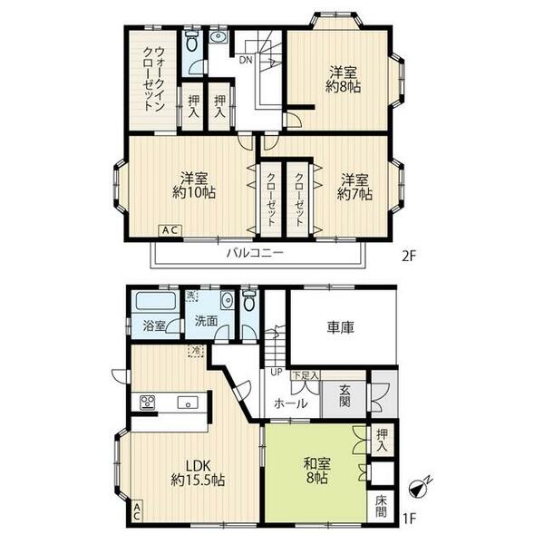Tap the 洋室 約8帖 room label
[x=342, y=79]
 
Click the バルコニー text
[x=256, y=254]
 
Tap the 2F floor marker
[x=408, y=255]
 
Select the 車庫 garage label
[x=342, y=329]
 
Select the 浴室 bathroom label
[x=153, y=325]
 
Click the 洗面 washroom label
[x=204, y=320]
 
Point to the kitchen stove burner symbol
[x=148, y=402]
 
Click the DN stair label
[x=246, y=61]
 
